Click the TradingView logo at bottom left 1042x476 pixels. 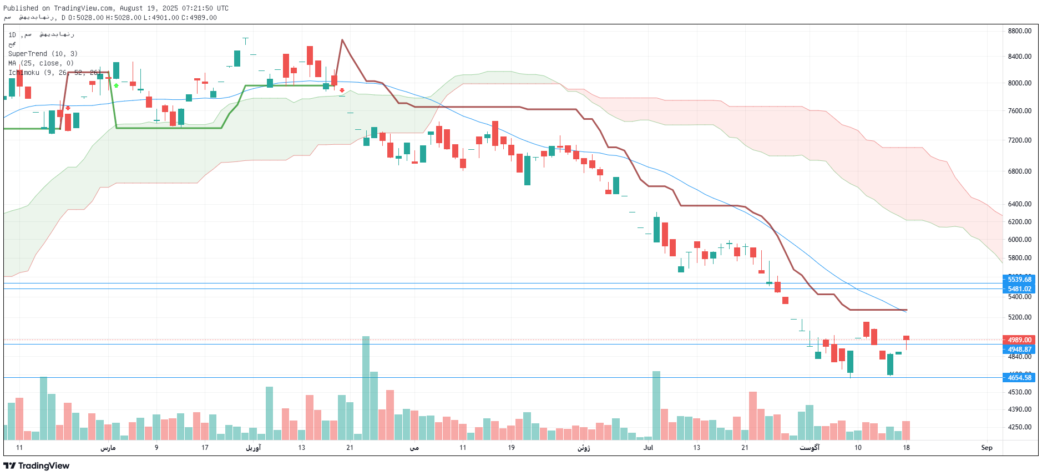click(37, 465)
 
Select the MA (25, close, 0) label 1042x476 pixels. click(41, 63)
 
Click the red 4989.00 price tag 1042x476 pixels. click(1019, 340)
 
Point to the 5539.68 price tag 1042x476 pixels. click(1019, 279)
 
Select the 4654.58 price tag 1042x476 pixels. click(1019, 378)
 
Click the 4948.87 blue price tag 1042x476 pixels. click(1019, 350)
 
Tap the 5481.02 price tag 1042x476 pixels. click(1019, 288)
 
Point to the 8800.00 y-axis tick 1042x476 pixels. click(1019, 31)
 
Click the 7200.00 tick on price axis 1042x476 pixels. click(1019, 140)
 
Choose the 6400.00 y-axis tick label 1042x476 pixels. click(1019, 204)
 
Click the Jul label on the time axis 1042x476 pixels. click(648, 448)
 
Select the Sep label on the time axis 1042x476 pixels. click(987, 448)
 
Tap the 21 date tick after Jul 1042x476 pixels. click(745, 448)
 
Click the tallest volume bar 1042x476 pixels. click(366, 388)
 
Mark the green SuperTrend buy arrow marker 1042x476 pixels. click(116, 85)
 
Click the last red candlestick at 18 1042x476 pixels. click(906, 338)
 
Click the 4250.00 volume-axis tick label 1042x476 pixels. click(1019, 427)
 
